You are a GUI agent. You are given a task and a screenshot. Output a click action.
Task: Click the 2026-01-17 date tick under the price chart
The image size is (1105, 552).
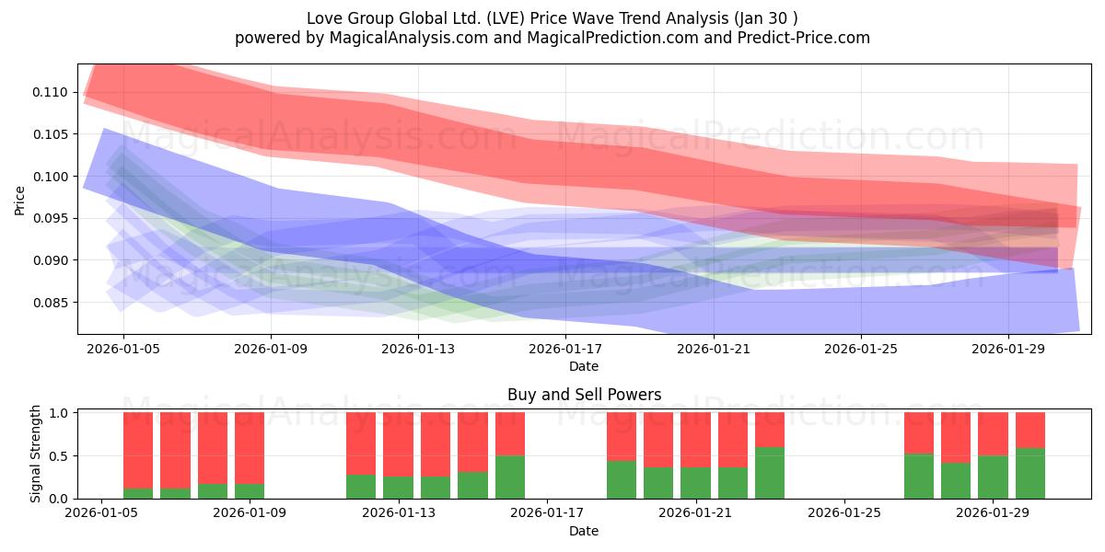(565, 349)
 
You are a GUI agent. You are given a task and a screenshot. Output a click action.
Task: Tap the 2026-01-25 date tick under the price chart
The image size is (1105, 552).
(860, 349)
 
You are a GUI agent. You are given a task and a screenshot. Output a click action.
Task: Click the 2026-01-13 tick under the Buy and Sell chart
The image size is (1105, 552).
(398, 513)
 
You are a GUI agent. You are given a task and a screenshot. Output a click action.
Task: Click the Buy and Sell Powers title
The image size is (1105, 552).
(584, 395)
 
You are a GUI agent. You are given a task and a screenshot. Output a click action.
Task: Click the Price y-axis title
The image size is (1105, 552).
(20, 200)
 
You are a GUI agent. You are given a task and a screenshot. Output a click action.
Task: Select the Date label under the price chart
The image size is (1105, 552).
(584, 366)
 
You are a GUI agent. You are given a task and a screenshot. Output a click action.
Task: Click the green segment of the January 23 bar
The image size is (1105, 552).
(770, 473)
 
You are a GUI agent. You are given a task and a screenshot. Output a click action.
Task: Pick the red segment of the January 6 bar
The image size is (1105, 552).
(175, 450)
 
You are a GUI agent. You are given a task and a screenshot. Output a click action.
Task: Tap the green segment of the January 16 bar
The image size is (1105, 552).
(510, 477)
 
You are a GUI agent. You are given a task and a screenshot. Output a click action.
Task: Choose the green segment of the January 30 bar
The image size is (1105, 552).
(1030, 474)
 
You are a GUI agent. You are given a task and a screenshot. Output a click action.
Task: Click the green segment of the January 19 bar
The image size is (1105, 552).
(622, 479)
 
